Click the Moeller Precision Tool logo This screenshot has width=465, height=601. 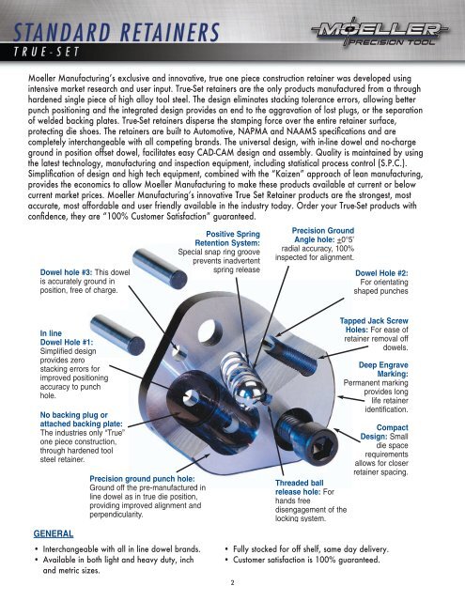[380, 33]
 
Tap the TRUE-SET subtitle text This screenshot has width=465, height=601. [46, 52]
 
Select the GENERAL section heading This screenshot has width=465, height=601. [54, 533]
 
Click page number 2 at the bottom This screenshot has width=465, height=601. [232, 583]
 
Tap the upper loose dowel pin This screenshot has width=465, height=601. [160, 268]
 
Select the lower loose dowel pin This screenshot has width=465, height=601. [117, 334]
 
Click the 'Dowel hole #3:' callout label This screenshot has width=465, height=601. [67, 272]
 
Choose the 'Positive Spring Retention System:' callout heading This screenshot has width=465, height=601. [227, 239]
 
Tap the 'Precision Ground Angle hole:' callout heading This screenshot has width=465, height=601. [323, 235]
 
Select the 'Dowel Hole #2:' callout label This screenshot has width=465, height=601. [381, 273]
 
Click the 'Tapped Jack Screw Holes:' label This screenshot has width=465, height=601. [374, 325]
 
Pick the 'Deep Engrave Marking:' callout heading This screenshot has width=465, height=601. [383, 369]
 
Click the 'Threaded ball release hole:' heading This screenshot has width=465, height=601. [299, 487]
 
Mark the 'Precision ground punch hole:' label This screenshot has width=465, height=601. [142, 479]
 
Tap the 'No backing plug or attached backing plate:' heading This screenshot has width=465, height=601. [82, 420]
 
